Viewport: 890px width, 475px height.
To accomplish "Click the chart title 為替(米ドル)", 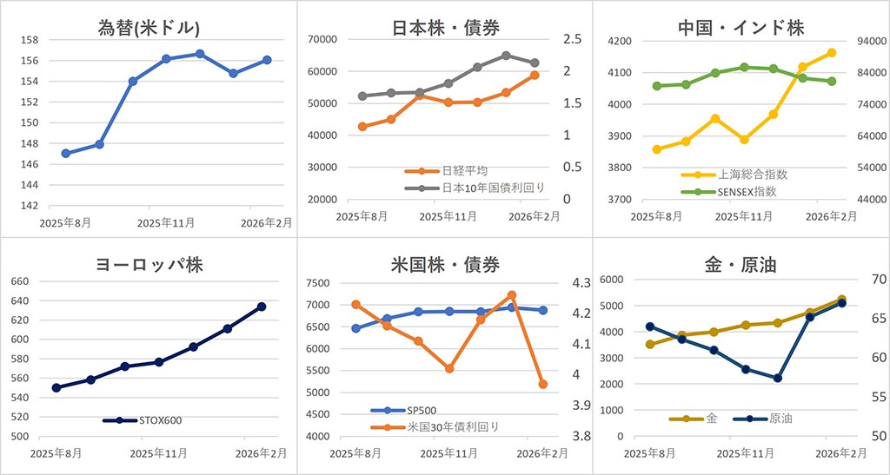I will pos(149,28).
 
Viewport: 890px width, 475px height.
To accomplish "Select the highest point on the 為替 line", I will pos(200,54).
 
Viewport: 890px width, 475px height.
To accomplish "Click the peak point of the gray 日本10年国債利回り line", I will pos(506,56).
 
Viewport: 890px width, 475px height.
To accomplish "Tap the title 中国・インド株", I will pos(741,28).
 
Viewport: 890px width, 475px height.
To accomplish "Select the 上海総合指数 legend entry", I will pos(752,175).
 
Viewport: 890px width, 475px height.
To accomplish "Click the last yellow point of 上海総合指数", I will pos(832,52).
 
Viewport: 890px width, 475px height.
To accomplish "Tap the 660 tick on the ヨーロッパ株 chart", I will pos(19,281).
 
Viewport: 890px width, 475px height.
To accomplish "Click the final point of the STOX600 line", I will pos(262,307).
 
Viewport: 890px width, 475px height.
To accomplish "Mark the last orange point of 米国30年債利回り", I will pos(543,384).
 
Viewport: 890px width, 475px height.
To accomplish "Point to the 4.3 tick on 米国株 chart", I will pos(581,283).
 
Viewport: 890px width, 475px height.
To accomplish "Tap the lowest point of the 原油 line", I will pos(778,379).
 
